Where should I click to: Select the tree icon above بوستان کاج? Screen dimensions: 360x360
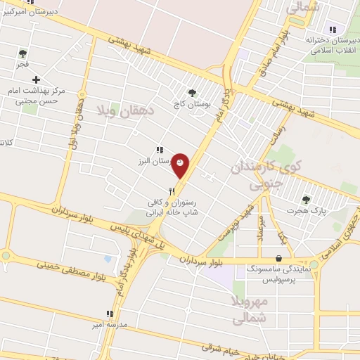(x=192, y=92)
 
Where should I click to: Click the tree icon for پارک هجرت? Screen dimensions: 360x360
(x=305, y=200)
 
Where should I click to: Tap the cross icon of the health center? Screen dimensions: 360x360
(x=36, y=79)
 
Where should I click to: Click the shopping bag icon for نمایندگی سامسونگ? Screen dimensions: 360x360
(x=280, y=258)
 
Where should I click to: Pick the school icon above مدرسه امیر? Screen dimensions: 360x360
(x=109, y=314)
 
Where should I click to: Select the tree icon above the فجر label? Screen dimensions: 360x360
(x=22, y=53)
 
